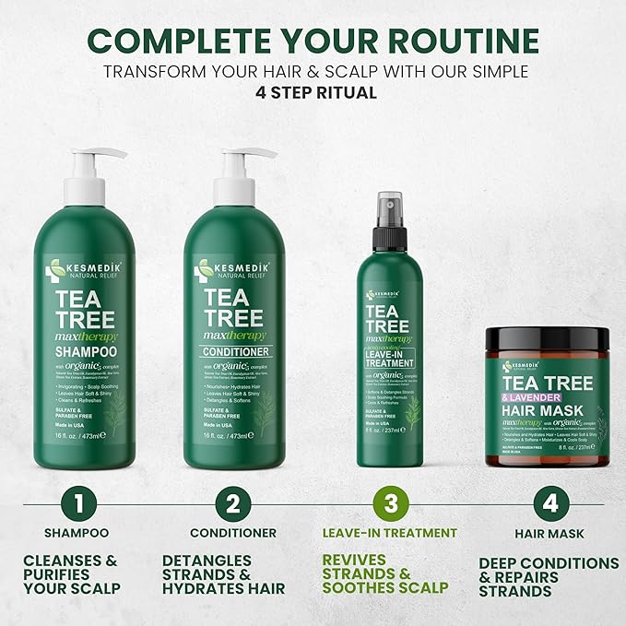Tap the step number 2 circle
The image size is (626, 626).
(232, 504)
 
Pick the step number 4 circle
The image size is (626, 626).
(549, 504)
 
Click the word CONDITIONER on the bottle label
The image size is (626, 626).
(233, 351)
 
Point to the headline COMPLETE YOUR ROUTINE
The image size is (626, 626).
(313, 41)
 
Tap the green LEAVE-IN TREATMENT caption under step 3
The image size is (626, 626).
(389, 533)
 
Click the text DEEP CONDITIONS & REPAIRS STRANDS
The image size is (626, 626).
(549, 577)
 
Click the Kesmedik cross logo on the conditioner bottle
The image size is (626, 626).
(204, 270)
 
